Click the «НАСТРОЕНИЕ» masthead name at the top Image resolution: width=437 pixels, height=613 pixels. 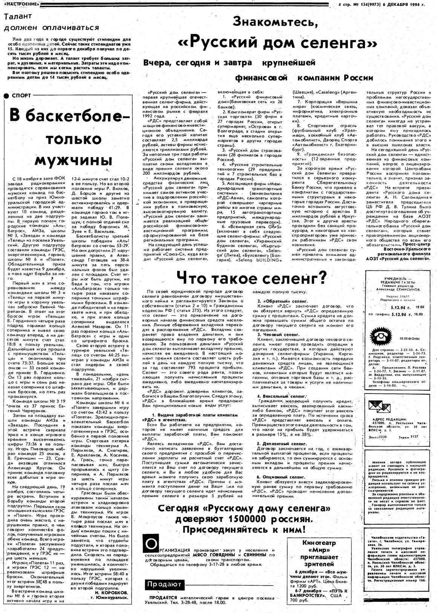(x=20, y=4)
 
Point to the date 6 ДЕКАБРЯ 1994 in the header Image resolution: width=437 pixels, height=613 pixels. (x=403, y=5)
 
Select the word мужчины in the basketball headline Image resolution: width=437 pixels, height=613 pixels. (x=74, y=160)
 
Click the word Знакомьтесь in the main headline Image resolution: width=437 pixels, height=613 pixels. (x=275, y=22)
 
